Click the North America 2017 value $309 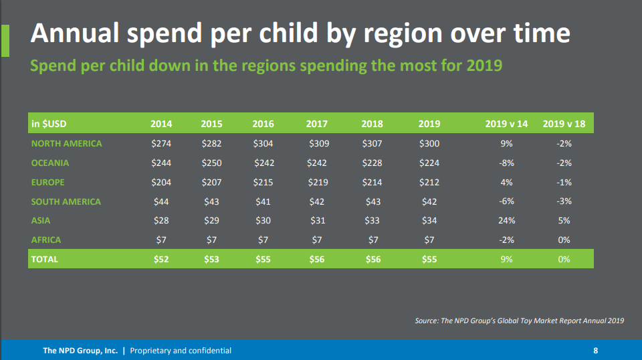click(x=319, y=144)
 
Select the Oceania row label click(x=50, y=163)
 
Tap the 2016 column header click(x=263, y=124)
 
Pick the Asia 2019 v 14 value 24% click(x=506, y=220)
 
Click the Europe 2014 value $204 click(x=161, y=182)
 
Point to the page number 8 click(x=596, y=351)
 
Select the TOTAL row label click(x=45, y=259)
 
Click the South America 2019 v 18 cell click(x=564, y=201)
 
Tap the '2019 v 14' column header click(x=506, y=124)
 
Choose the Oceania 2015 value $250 click(x=212, y=163)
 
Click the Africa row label click(x=46, y=240)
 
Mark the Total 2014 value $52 click(x=161, y=259)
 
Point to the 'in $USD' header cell click(x=49, y=124)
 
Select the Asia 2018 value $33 click(x=372, y=220)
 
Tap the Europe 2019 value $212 click(x=429, y=182)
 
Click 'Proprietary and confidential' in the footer click(x=181, y=351)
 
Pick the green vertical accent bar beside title click(x=5, y=41)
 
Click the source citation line click(x=519, y=321)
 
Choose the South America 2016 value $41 click(x=263, y=201)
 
